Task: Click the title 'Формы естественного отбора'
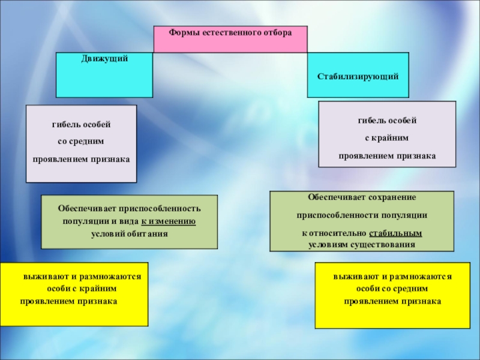[x=230, y=32]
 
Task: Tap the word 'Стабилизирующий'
[x=358, y=77]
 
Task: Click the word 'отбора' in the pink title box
[x=277, y=32]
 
